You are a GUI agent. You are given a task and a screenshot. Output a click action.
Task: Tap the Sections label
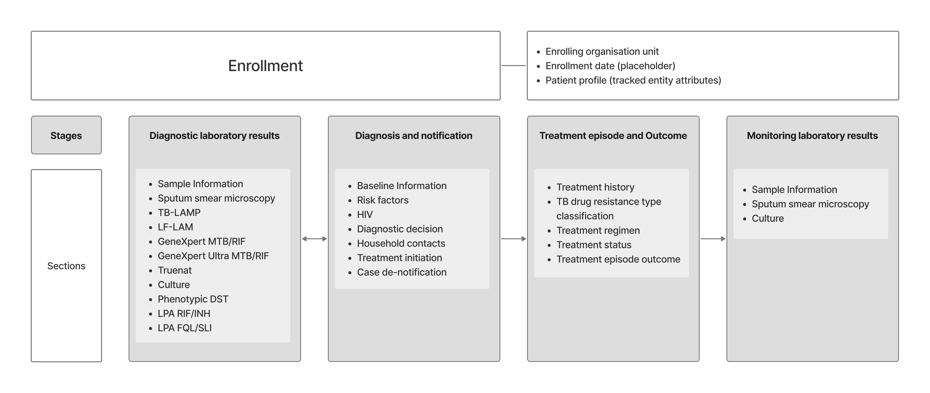coord(66,266)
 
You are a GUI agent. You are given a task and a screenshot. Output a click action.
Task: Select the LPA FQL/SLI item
coord(185,328)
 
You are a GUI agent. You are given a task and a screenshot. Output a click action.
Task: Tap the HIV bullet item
coord(365,215)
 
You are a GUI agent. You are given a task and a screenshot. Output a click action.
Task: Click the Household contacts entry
coord(401,243)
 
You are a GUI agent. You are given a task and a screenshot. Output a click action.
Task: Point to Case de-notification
coord(402,272)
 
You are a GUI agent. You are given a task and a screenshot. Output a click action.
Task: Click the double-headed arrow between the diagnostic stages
coord(314,239)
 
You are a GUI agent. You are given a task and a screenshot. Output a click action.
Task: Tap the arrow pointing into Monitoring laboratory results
coord(713,239)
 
